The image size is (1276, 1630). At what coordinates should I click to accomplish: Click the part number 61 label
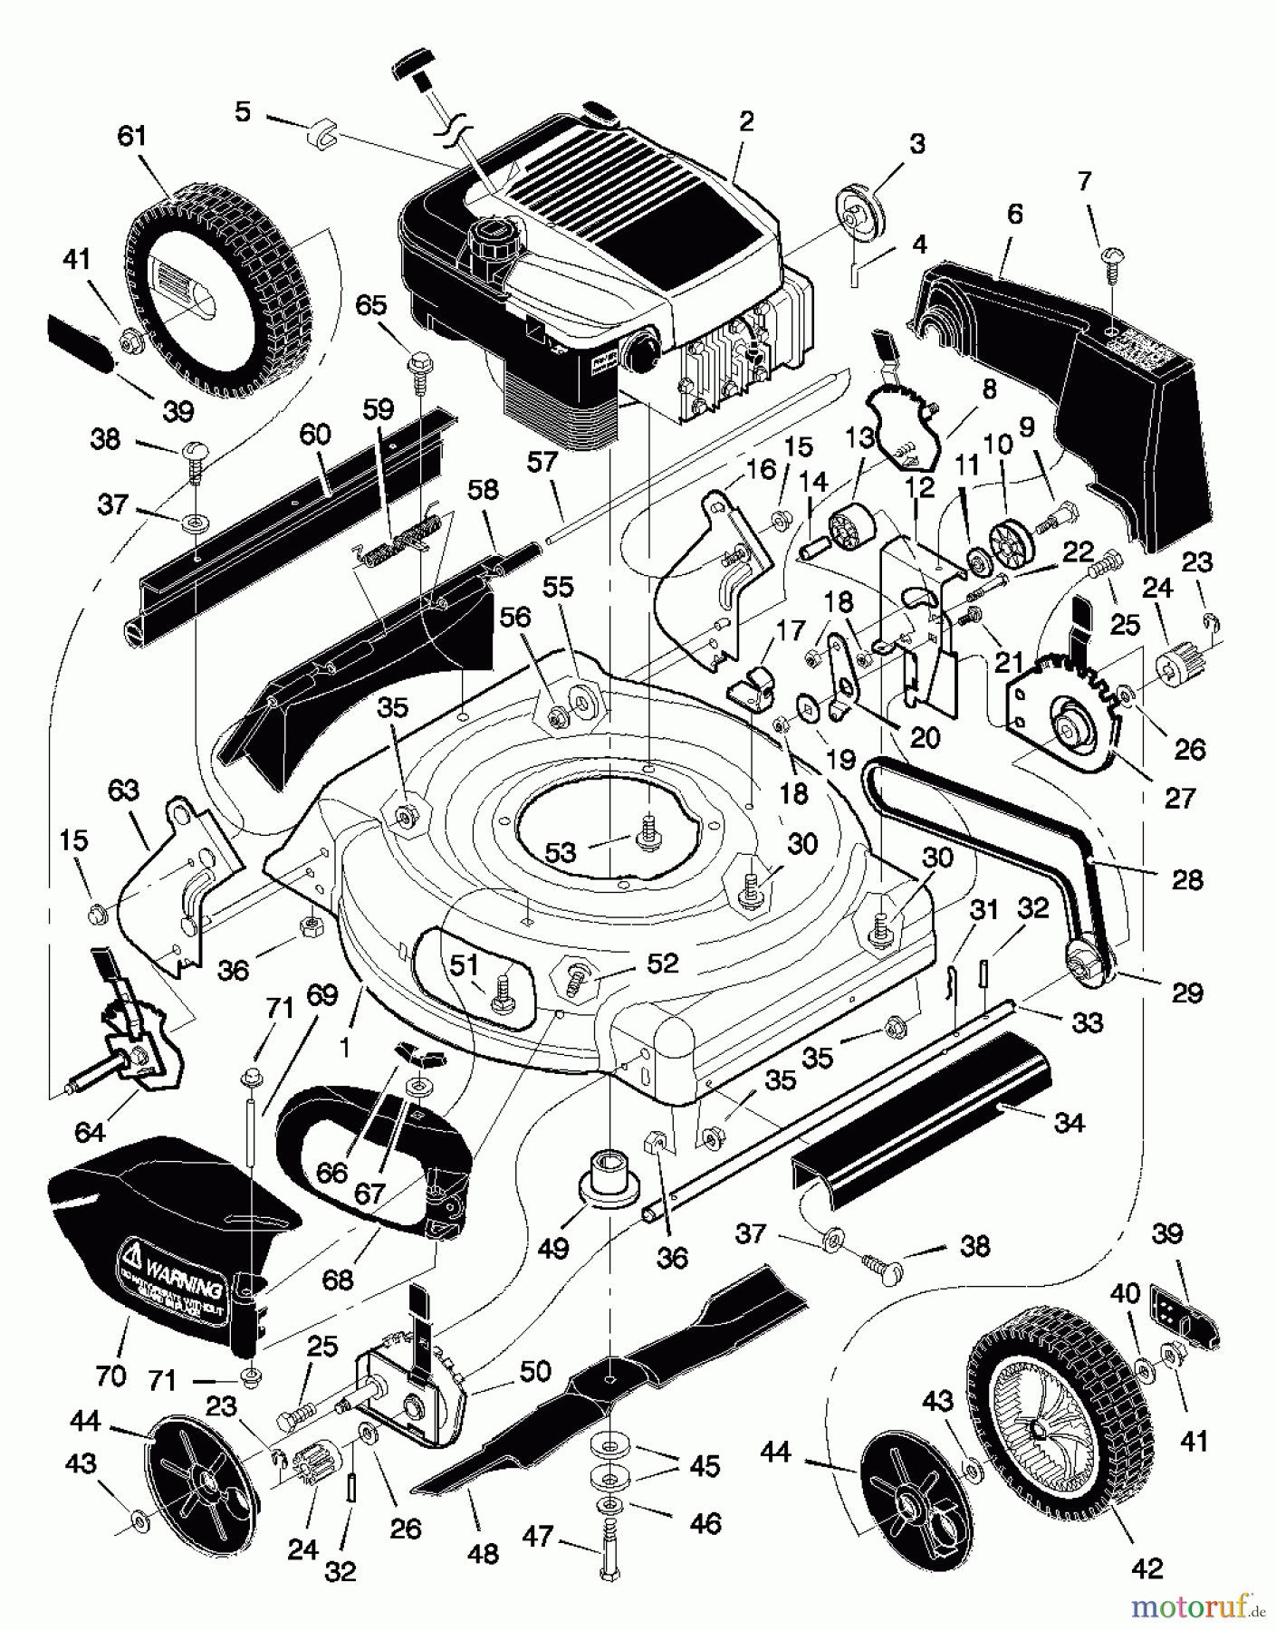131,137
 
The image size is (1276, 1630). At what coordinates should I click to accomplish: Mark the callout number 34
1070,1123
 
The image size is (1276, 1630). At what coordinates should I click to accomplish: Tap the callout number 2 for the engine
745,121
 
